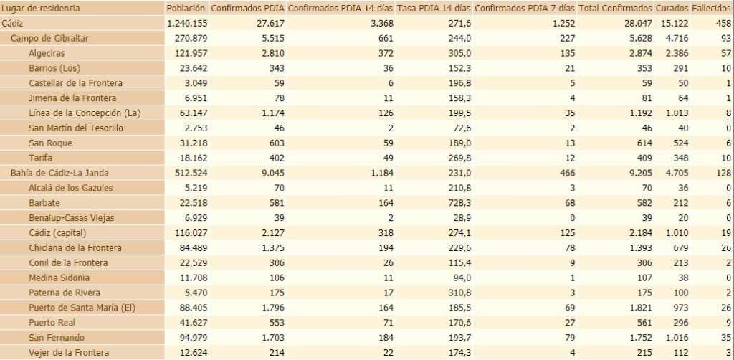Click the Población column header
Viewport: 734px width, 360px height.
pos(186,8)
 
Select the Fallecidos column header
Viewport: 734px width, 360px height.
pos(711,8)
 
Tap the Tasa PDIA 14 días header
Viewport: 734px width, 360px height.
pos(434,8)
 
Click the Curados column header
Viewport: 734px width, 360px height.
pos(671,8)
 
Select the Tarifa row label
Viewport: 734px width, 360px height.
pos(40,158)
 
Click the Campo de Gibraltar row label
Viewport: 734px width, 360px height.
pos(49,38)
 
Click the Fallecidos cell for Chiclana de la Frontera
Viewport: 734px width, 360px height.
pos(723,247)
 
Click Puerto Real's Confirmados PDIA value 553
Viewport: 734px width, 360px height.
pos(274,322)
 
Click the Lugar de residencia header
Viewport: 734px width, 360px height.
pos(42,8)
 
